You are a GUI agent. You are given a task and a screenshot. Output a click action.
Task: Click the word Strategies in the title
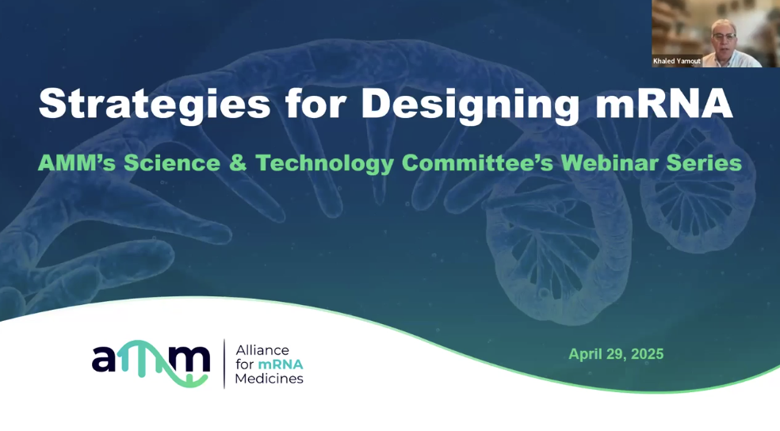pos(155,105)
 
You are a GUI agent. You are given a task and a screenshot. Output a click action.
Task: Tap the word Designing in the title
pos(470,105)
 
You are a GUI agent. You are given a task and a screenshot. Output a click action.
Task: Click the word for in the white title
pos(315,104)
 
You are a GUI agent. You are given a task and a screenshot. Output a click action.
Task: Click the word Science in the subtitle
pos(172,163)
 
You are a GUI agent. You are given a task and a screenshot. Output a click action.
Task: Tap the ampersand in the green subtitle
pos(238,163)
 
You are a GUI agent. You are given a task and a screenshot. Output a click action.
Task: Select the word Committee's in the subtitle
pos(477,163)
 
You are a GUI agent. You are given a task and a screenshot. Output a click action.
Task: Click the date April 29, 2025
pos(616,354)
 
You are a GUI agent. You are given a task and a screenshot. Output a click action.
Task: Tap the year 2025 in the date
pos(647,354)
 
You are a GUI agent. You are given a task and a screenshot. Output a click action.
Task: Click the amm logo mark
pos(151,363)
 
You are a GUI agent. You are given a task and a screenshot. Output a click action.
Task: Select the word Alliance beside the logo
pos(262,350)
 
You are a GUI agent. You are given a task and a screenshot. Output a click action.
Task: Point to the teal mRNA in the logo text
pos(281,364)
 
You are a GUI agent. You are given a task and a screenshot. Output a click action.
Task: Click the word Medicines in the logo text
pos(270,379)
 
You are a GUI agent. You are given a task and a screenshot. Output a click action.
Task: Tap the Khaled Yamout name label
pos(677,61)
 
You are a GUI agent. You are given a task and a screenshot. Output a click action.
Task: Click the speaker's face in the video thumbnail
pos(724,37)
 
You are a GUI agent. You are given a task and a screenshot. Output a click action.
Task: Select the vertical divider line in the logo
pos(224,364)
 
